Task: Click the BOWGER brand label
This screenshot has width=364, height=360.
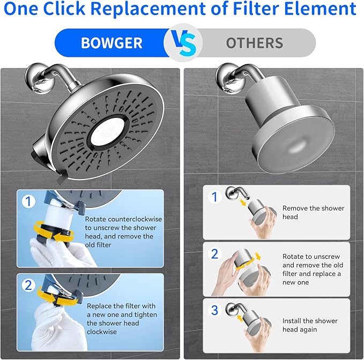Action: (112, 43)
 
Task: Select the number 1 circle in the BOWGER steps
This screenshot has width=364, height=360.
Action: (28, 201)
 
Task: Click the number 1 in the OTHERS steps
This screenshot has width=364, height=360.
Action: (214, 197)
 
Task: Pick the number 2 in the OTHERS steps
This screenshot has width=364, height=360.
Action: (214, 253)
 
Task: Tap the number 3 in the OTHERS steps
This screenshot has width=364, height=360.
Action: (214, 310)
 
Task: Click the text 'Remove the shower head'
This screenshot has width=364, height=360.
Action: (313, 212)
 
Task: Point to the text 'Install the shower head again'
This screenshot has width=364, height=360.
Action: (310, 325)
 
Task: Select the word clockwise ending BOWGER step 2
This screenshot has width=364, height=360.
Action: (102, 332)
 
